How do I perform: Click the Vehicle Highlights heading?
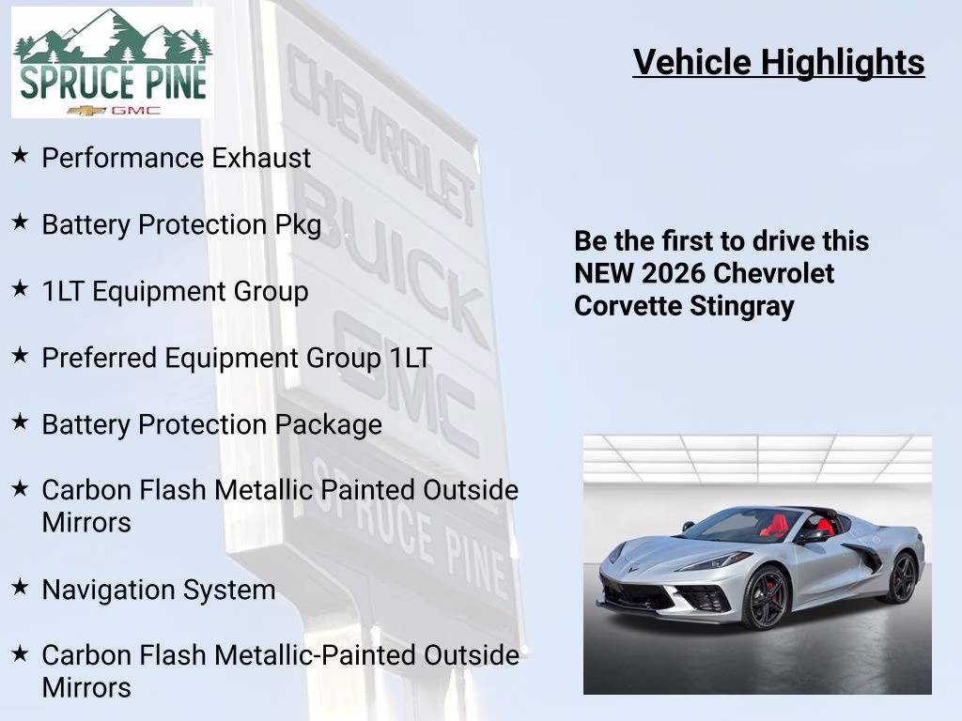778,62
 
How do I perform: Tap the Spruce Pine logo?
112,62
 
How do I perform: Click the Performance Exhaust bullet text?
176,158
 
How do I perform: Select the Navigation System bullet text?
159,590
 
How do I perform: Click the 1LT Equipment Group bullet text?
175,291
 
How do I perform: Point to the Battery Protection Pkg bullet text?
181,225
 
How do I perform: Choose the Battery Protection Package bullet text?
211,424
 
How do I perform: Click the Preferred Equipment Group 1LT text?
237,358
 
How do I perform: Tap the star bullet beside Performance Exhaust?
20,156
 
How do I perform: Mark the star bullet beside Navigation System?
20,588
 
